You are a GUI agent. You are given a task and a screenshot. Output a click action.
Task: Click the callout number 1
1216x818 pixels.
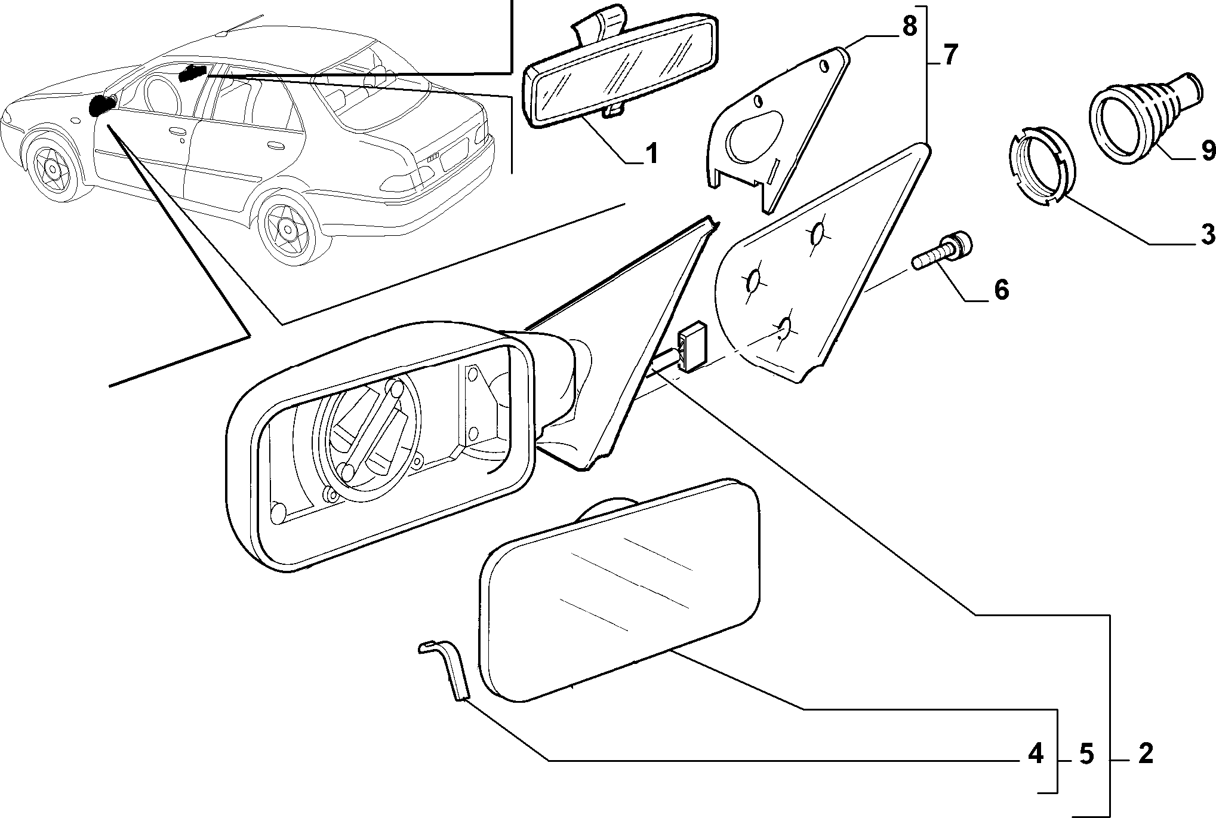[651, 153]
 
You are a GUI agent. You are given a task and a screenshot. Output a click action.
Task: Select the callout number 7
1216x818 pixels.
[951, 55]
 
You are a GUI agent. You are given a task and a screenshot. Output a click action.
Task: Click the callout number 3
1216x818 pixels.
[1207, 234]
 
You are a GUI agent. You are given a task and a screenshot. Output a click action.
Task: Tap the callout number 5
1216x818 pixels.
[1086, 755]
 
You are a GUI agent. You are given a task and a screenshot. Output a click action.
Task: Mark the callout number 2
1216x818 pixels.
[1145, 755]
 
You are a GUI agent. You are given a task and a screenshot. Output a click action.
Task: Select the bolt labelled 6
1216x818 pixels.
[942, 253]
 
